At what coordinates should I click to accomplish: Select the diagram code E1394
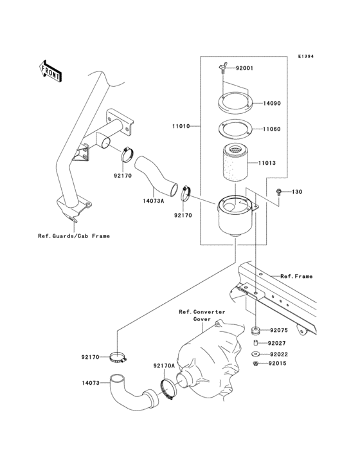click(x=305, y=56)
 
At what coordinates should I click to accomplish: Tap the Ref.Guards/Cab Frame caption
click(x=73, y=236)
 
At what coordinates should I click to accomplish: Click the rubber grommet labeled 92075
click(x=255, y=332)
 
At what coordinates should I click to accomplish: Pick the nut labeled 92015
click(x=255, y=364)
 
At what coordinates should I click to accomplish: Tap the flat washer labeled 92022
click(x=255, y=354)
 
